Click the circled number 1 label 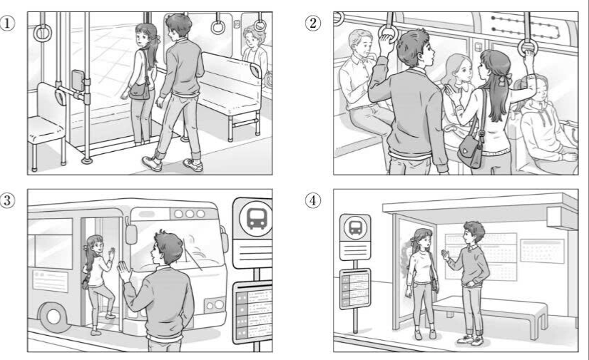coord(7,24)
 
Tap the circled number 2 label coord(312,24)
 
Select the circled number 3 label coord(7,200)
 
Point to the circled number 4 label coord(312,200)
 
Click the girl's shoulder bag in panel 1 coord(140,91)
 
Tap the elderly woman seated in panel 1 coord(255,53)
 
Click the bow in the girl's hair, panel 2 coord(508,78)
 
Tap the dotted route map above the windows coord(526,26)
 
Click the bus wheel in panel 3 coord(54,317)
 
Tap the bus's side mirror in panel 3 coord(131,234)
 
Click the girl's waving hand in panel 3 coord(111,253)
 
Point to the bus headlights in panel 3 coord(215,304)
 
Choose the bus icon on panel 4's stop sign coord(355,227)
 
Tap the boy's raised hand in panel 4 coord(446,256)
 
